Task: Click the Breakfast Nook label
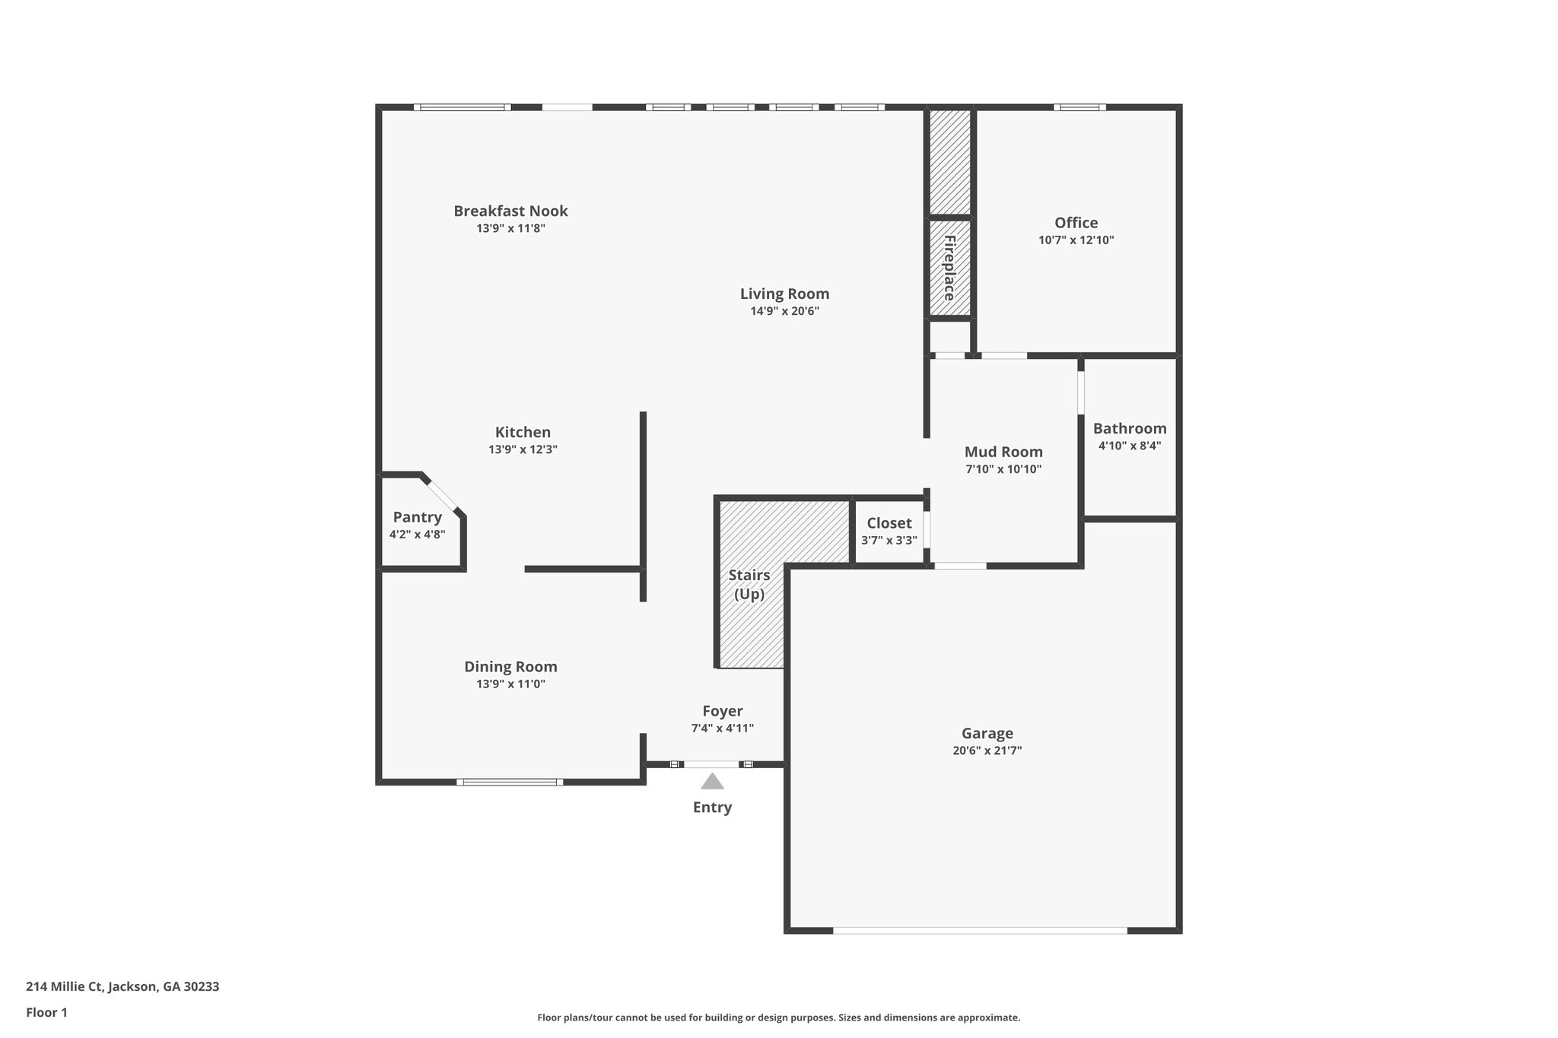pyautogui.click(x=510, y=211)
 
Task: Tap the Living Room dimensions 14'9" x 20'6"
pyautogui.click(x=784, y=311)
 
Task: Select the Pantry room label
pyautogui.click(x=417, y=517)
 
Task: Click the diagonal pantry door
pyautogui.click(x=444, y=496)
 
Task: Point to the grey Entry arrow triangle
pyautogui.click(x=712, y=782)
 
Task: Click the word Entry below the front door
pyautogui.click(x=712, y=808)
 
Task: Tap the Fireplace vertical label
pyautogui.click(x=949, y=268)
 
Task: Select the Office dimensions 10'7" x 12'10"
pyautogui.click(x=1076, y=240)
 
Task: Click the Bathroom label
pyautogui.click(x=1130, y=428)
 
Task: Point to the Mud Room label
pyautogui.click(x=1003, y=452)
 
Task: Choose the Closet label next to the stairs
pyautogui.click(x=889, y=523)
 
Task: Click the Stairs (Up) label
pyautogui.click(x=749, y=584)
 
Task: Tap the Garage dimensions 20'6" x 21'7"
pyautogui.click(x=987, y=751)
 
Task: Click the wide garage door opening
pyautogui.click(x=980, y=930)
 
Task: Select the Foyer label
pyautogui.click(x=722, y=711)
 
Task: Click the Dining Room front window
pyautogui.click(x=510, y=782)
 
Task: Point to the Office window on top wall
pyautogui.click(x=1079, y=107)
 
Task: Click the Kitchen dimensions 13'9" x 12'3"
pyautogui.click(x=523, y=449)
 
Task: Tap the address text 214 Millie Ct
pyautogui.click(x=122, y=986)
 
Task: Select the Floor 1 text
pyautogui.click(x=46, y=1012)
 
